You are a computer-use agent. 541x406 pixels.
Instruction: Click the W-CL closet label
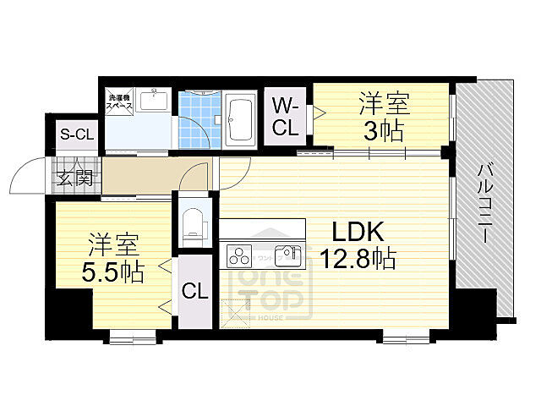click(286, 116)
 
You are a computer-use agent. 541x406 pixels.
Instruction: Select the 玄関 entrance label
click(75, 178)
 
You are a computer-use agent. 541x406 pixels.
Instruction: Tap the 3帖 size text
click(385, 131)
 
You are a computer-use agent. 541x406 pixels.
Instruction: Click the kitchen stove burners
click(238, 254)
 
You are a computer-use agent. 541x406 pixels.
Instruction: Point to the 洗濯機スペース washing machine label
click(119, 103)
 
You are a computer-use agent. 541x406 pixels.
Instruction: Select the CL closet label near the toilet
click(194, 292)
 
